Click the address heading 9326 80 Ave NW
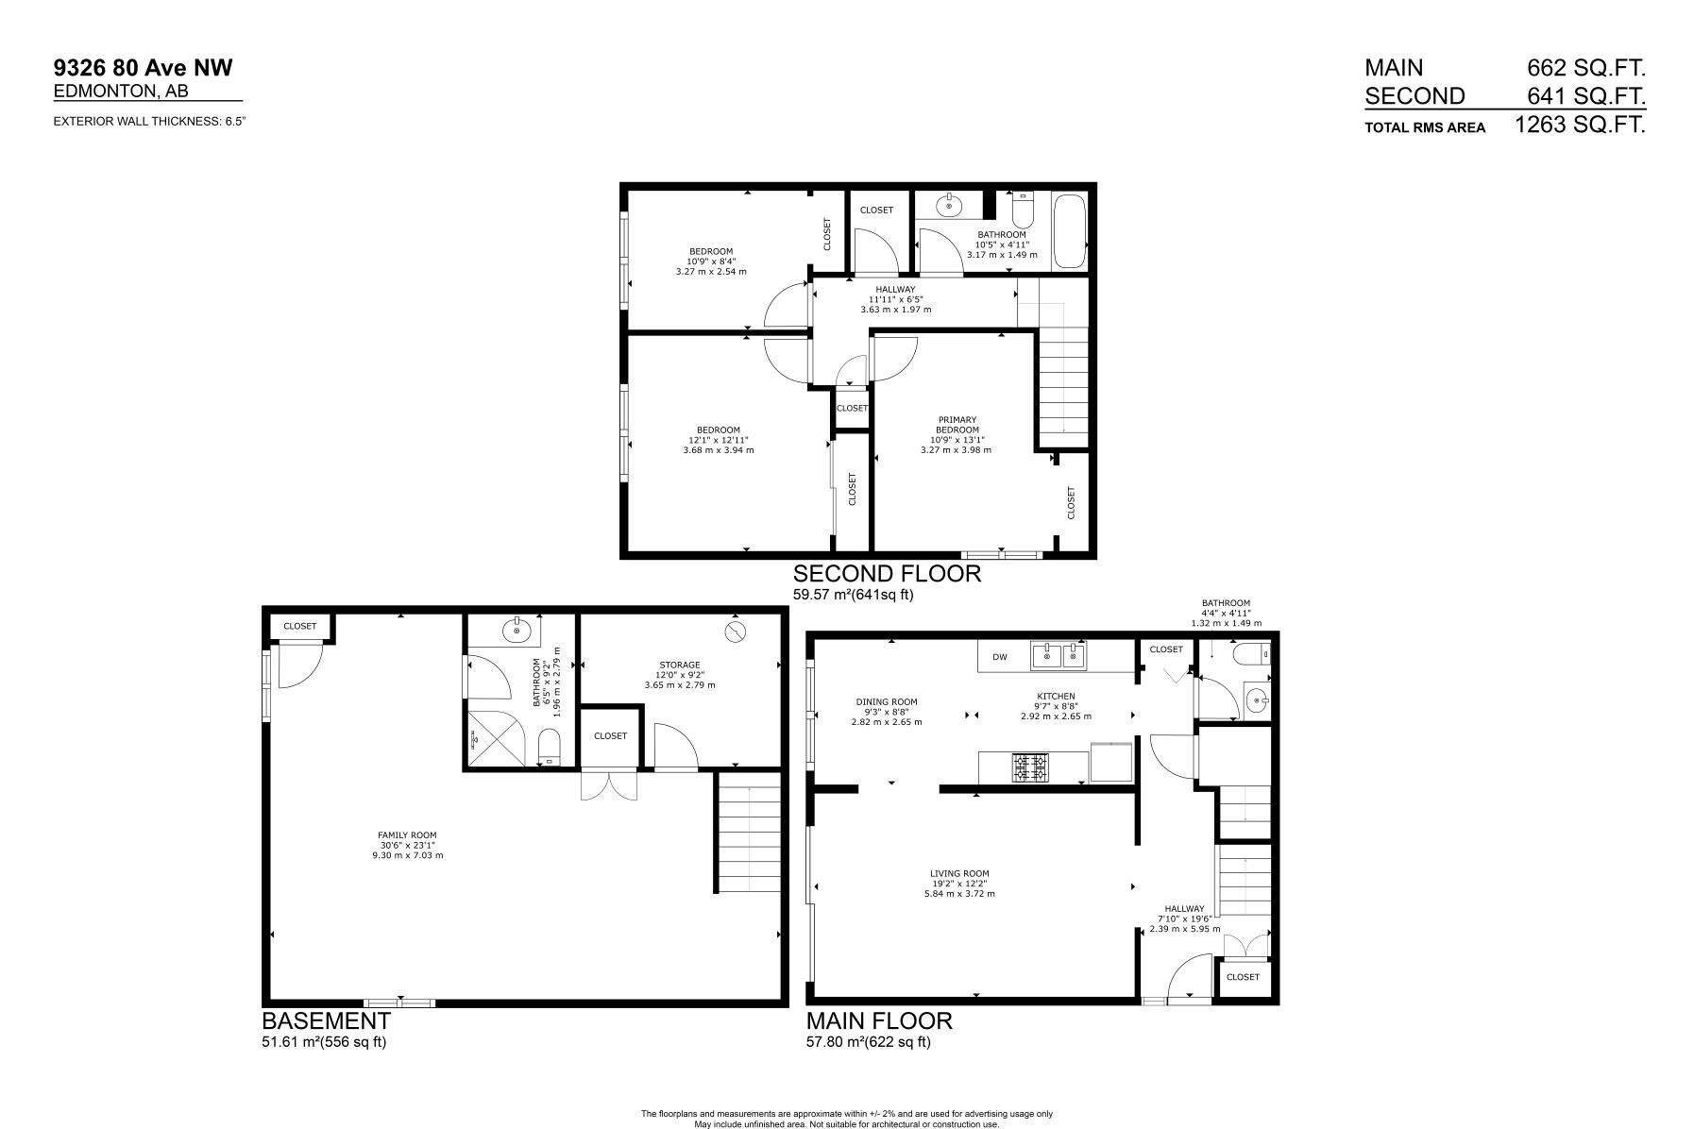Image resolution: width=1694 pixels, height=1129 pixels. [x=143, y=67]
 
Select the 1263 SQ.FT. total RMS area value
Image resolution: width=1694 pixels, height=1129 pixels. [x=1579, y=125]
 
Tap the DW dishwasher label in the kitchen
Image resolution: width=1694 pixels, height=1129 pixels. [x=999, y=656]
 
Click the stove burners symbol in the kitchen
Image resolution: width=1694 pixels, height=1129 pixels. [x=1030, y=768]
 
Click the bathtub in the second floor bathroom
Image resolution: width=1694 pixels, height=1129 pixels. [x=1069, y=232]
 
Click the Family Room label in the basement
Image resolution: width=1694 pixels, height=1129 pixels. [x=407, y=835]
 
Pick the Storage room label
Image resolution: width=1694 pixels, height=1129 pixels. [x=680, y=665]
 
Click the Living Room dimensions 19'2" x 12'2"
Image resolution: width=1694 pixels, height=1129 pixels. [x=958, y=884]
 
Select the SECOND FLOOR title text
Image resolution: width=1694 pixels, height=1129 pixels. [x=886, y=574]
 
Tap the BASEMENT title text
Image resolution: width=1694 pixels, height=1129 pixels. [x=326, y=1020]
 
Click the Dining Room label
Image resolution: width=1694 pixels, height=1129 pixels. [x=887, y=701]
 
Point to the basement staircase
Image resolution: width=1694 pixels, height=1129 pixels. [x=748, y=832]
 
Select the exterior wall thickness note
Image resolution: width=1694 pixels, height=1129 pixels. [x=150, y=121]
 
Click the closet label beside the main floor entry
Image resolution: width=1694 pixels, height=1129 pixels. [x=1243, y=977]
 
